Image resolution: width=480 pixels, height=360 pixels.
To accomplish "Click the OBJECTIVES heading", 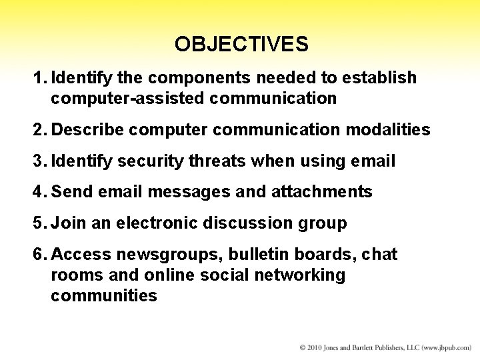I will [241, 44].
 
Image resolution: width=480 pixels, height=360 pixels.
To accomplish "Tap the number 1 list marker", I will [38, 78].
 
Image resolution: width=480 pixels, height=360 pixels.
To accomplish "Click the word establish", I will [379, 78].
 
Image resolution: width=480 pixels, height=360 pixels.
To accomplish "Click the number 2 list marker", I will [39, 129].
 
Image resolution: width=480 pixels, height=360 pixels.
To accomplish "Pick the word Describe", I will [87, 129].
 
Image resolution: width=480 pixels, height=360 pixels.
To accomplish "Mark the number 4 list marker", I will [39, 192].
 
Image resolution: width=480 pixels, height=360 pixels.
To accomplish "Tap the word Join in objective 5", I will [69, 223].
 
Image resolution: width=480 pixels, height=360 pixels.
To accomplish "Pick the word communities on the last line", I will [104, 295].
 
